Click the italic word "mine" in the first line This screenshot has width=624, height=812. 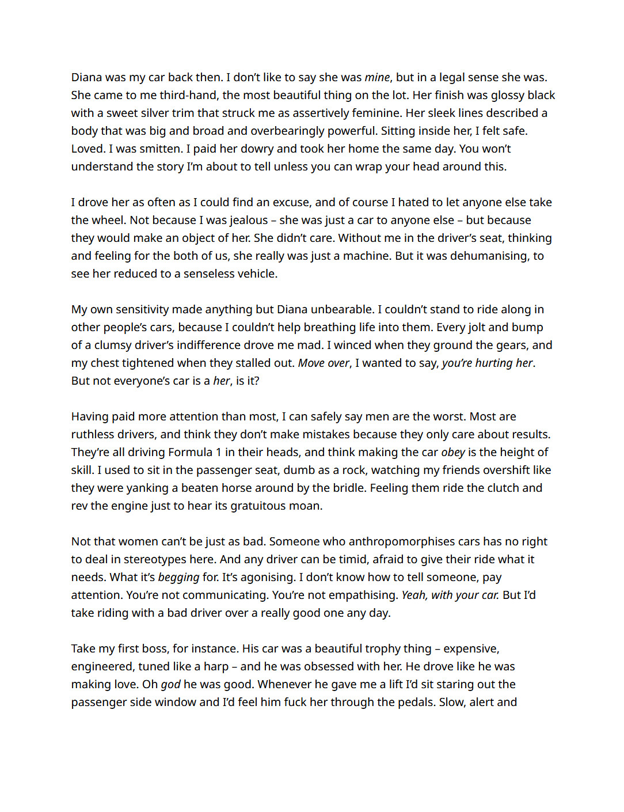(x=377, y=78)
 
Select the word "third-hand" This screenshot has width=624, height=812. (x=188, y=96)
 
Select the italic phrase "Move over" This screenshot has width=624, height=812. (x=324, y=363)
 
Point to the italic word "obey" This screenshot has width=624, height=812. (x=453, y=453)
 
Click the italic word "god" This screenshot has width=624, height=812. (x=170, y=685)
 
